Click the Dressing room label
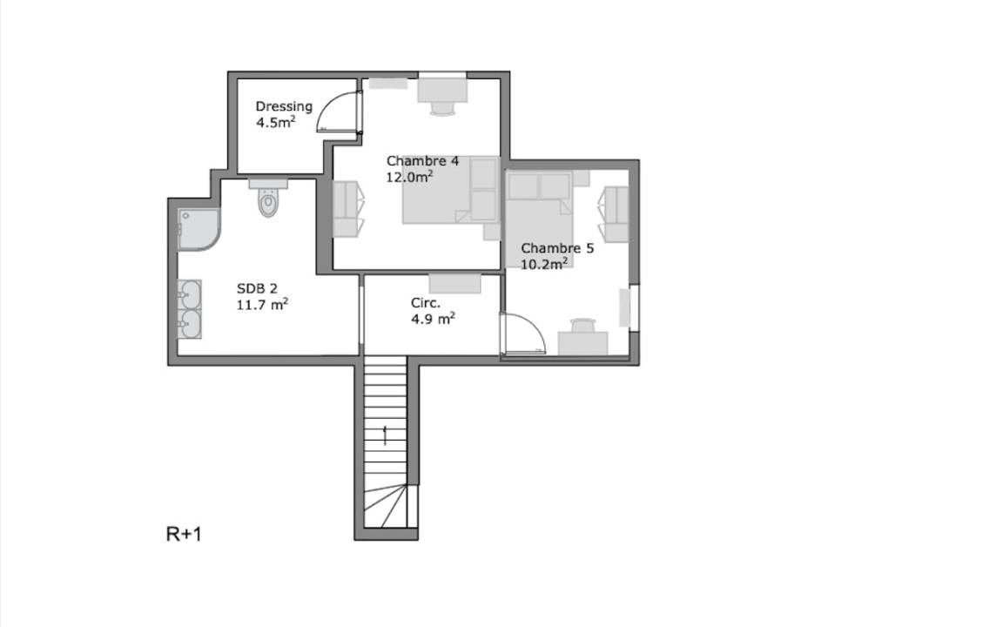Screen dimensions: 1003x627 click(x=284, y=107)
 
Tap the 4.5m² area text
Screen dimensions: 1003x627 click(x=276, y=122)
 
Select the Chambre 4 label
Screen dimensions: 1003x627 click(x=422, y=160)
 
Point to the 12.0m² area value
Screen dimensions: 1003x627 click(x=409, y=177)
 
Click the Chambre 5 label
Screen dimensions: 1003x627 click(x=557, y=248)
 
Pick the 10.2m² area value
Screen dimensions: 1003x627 click(x=544, y=264)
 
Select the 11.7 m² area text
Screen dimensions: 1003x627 click(x=262, y=305)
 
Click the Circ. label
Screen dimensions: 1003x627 click(x=426, y=303)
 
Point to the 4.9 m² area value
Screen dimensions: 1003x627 click(x=433, y=318)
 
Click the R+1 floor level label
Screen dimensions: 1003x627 click(x=184, y=534)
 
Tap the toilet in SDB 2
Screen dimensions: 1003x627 click(x=269, y=198)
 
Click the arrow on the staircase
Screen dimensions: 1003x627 click(x=385, y=435)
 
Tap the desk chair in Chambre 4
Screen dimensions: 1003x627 click(x=442, y=109)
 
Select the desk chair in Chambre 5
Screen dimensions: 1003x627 click(x=582, y=325)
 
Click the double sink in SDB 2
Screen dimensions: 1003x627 click(x=190, y=309)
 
